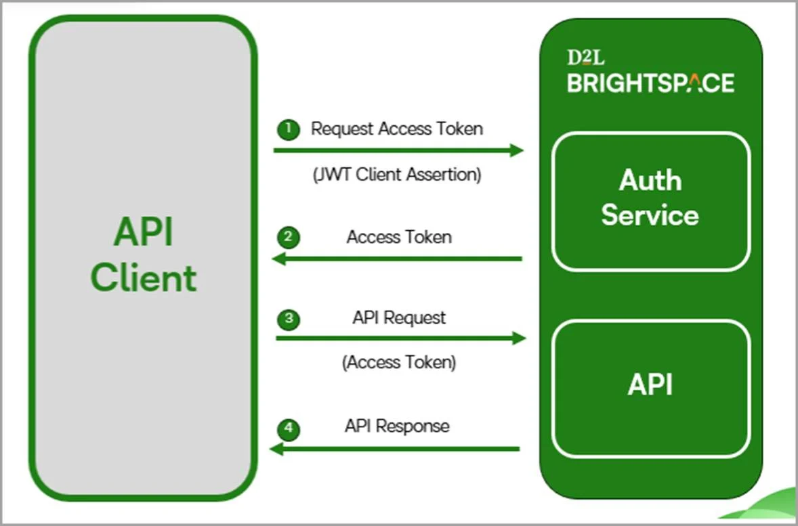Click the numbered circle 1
[x=289, y=129]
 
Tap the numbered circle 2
[x=289, y=238]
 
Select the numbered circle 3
[x=289, y=319]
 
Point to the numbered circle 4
[x=289, y=428]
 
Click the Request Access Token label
[x=397, y=129]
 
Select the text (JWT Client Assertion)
[x=397, y=175]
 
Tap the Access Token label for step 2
[x=399, y=237]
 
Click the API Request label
[x=399, y=317]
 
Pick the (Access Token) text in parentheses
[x=399, y=362]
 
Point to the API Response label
[x=397, y=426]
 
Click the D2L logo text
[x=586, y=58]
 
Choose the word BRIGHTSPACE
[x=650, y=83]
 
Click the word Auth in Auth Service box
[x=650, y=181]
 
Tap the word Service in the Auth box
[x=650, y=215]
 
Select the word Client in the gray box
[x=144, y=278]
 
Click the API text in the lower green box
[x=650, y=385]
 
